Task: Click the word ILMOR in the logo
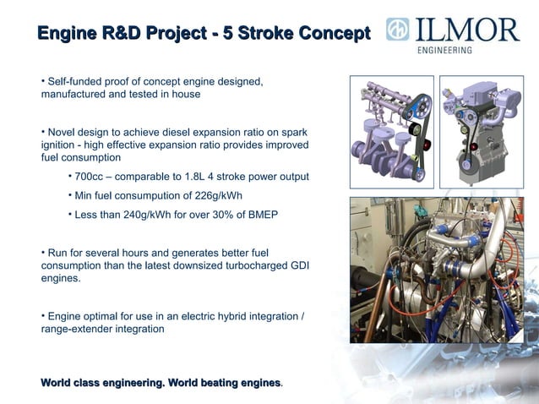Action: point(467,30)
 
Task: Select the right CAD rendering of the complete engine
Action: point(482,131)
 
